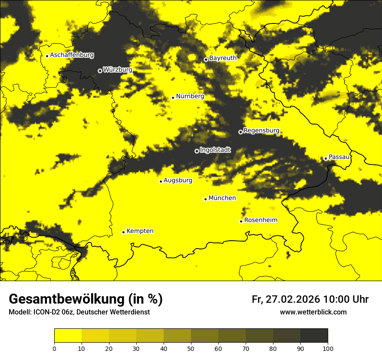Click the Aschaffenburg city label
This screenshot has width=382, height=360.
72,55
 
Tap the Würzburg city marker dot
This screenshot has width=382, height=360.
100,71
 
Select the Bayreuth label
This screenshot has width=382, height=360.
223,58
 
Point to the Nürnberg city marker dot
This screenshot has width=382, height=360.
173,98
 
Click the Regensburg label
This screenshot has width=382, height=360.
261,131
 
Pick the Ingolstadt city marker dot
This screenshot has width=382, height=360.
197,151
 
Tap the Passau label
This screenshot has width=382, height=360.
339,157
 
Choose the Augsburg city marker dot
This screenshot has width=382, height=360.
161,181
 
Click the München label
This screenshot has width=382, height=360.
222,198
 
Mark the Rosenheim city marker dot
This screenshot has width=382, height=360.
241,221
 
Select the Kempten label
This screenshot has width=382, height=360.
140,231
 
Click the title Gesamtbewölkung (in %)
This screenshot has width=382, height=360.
86,299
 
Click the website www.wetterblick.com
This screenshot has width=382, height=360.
313,312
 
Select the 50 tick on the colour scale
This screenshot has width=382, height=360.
191,348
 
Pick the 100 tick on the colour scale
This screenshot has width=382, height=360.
327,348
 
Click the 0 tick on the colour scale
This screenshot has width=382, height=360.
54,348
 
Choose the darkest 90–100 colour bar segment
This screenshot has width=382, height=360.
314,336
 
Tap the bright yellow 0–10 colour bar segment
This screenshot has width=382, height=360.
68,336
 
